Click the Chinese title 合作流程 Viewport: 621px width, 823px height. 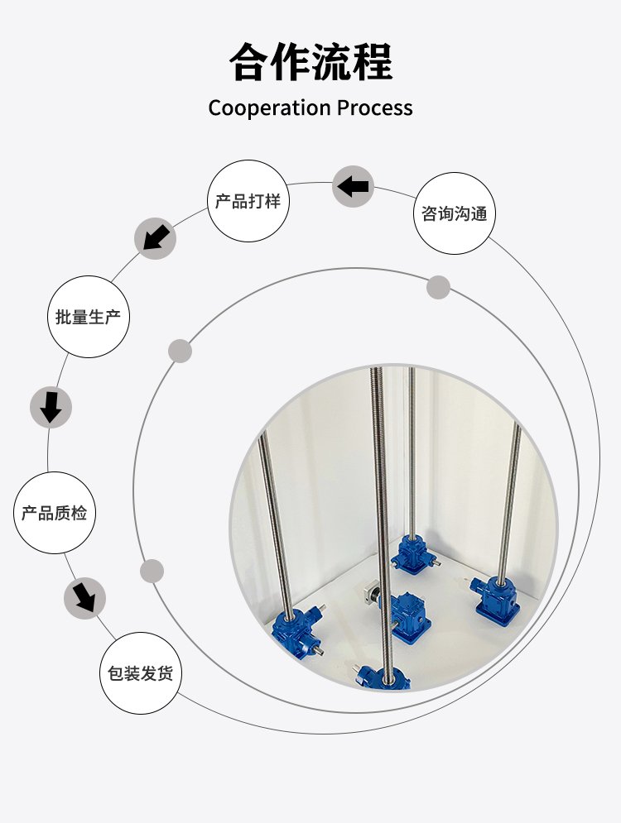click(310, 62)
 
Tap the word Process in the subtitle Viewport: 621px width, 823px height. click(374, 108)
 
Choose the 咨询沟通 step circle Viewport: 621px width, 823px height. click(454, 213)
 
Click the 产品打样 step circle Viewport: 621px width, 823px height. click(248, 201)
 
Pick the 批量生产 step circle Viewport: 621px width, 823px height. click(89, 317)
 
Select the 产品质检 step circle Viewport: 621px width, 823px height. click(55, 513)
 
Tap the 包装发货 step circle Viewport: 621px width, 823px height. click(140, 673)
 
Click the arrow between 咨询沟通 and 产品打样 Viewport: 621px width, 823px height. click(354, 186)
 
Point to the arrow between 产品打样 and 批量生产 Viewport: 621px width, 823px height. click(155, 238)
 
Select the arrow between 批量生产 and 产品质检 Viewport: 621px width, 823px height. click(51, 408)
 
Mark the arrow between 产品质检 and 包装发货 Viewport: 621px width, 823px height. click(84, 596)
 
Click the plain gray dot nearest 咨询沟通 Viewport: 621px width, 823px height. click(438, 288)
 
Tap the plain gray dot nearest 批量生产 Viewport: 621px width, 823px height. click(180, 351)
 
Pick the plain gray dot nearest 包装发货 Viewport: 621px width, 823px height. click(152, 571)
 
